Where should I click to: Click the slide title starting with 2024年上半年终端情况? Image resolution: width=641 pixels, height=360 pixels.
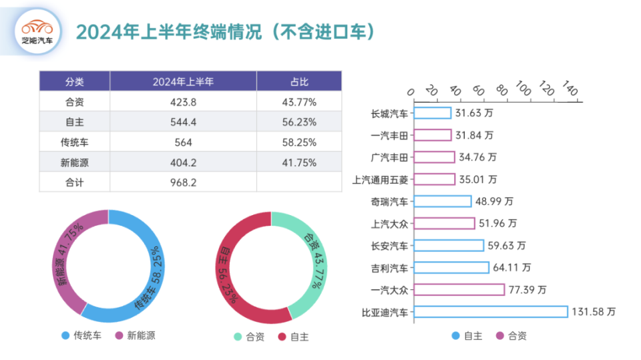point(224,32)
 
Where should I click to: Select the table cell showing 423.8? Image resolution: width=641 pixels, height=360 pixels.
point(183,102)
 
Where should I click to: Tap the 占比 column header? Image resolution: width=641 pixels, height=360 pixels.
point(298,81)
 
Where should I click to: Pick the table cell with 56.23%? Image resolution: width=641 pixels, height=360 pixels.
point(298,122)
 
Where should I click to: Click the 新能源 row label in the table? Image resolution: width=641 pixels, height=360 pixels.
point(74,162)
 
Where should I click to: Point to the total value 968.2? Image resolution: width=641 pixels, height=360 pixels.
point(183,182)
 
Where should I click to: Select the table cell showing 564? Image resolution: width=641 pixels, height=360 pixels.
point(183,142)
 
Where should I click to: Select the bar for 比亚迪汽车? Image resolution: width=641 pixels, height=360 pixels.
point(491,312)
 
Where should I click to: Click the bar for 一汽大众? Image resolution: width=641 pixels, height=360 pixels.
point(459,290)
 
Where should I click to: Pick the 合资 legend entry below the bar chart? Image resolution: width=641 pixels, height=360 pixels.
point(511,335)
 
